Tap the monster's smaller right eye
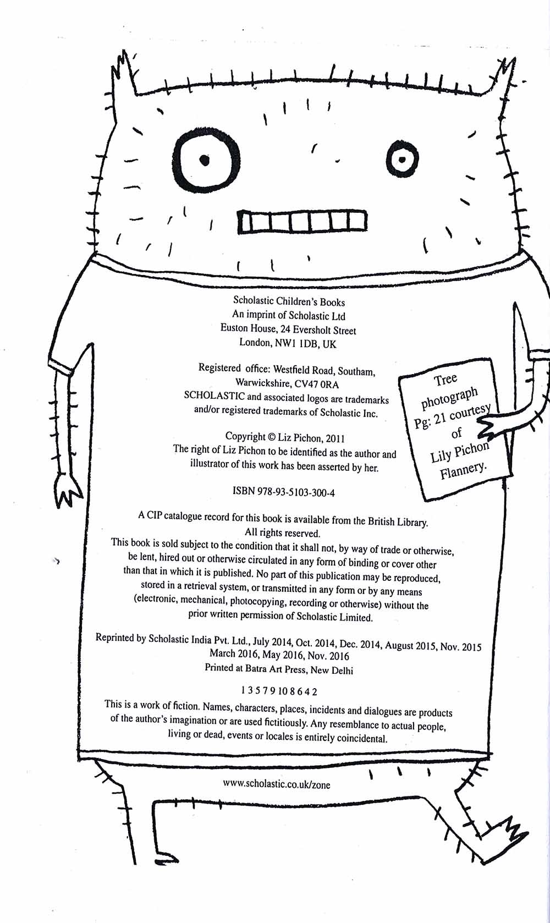pos(402,160)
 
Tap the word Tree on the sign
pos(445,380)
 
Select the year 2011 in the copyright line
pos(335,439)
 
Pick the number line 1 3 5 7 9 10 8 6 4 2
pos(279,691)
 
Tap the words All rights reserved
pos(282,533)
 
